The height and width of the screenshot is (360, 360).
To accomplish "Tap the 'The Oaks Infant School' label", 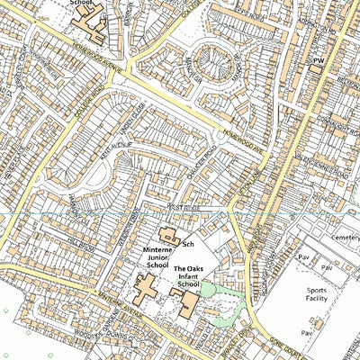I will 187,276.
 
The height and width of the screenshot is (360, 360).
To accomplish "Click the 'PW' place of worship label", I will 317,60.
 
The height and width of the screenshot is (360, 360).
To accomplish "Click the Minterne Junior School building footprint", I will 145,289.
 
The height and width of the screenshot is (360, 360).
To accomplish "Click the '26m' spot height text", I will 43,17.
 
